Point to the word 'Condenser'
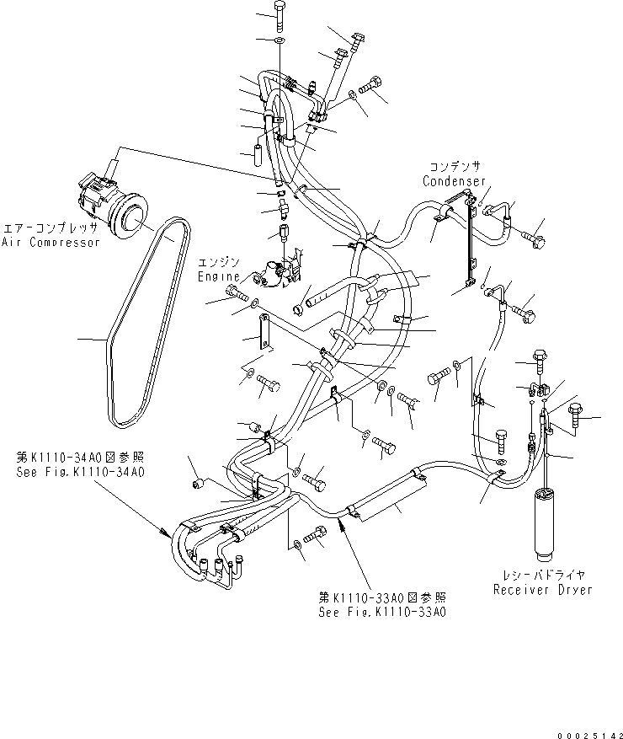coord(454,181)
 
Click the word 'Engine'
coord(219,276)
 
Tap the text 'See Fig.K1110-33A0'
coord(382,612)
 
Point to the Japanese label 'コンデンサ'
coord(454,167)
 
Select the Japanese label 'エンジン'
coord(219,262)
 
